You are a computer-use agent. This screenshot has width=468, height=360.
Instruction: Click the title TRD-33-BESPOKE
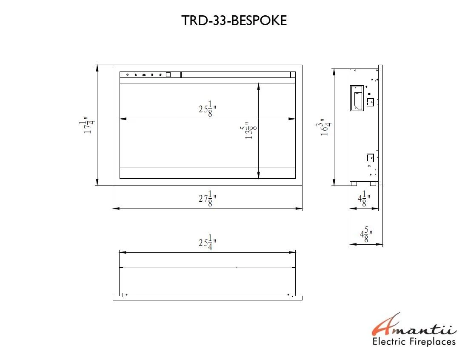234,21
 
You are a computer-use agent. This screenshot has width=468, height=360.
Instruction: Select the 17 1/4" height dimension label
89,126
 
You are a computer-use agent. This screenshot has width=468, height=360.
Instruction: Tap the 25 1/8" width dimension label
208,109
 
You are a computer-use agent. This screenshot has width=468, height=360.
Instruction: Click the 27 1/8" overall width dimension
208,199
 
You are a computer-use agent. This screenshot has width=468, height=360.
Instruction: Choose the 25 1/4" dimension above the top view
208,243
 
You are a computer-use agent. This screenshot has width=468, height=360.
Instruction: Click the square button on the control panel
168,75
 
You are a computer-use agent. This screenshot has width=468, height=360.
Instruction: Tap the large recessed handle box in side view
357,98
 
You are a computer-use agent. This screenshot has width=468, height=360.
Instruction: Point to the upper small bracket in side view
370,102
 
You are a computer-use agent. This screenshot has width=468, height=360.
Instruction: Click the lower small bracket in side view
370,158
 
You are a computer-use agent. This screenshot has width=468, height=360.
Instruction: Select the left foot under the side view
353,184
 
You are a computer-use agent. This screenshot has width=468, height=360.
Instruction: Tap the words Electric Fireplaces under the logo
414,342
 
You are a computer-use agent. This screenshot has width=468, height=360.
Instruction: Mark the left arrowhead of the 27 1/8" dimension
115,209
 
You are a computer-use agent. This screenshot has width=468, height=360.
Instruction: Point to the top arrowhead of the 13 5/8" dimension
259,86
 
